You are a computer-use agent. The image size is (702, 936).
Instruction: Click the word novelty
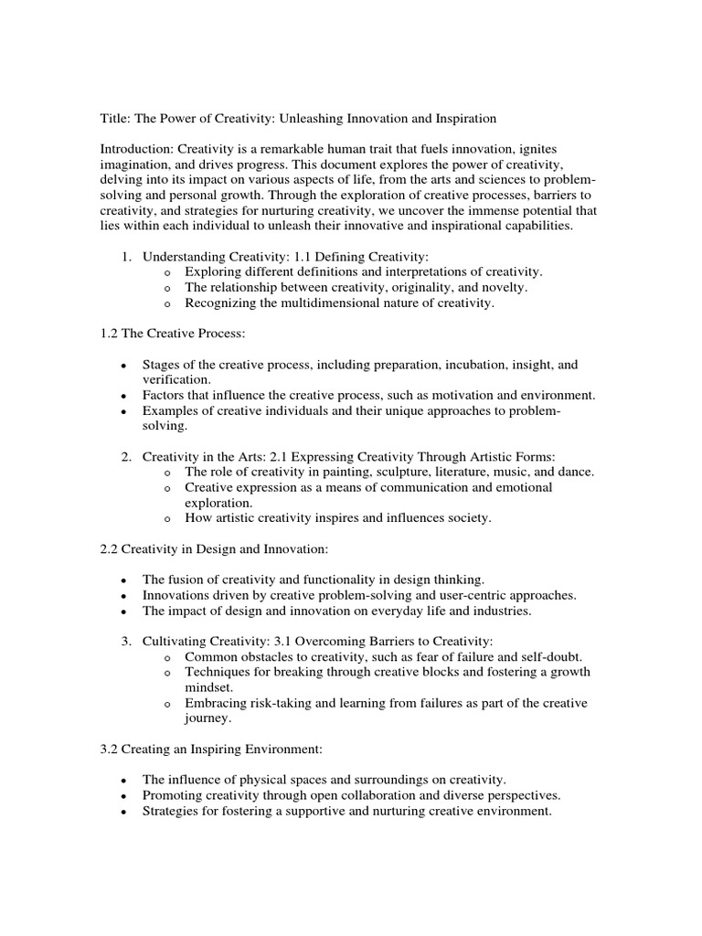click(505, 287)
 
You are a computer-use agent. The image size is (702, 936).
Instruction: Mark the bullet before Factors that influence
click(122, 396)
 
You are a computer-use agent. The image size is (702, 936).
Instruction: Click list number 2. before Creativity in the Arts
click(127, 456)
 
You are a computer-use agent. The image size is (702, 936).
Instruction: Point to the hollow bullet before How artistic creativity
click(167, 518)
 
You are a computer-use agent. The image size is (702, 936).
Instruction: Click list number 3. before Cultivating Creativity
click(127, 642)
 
